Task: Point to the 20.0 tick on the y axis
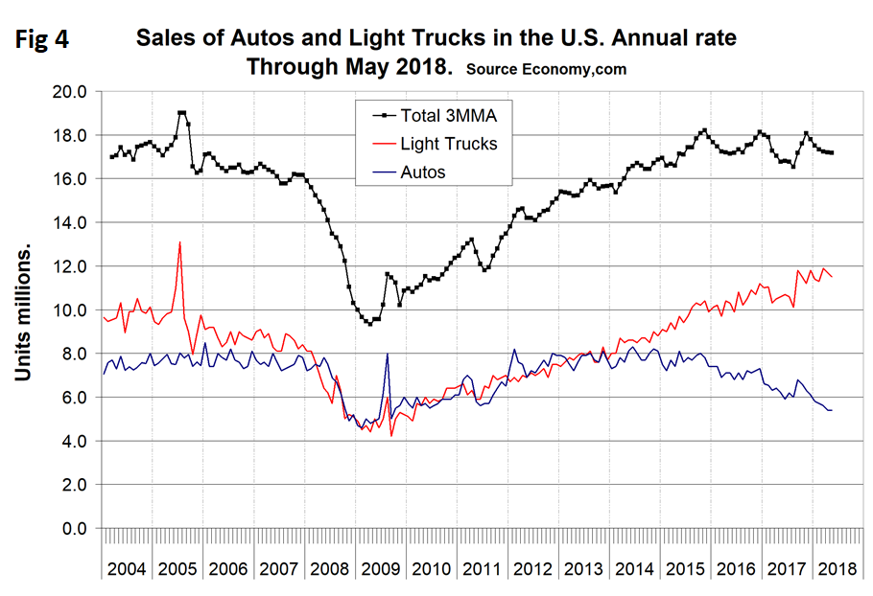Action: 69,92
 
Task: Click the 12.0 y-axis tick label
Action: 69,266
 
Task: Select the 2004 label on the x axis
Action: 126,568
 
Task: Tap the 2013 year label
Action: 584,568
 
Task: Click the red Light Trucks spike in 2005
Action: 179,242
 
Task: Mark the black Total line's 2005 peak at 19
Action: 181,113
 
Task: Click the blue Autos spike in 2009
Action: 387,355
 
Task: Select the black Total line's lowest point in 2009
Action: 369,324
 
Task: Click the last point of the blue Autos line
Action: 831,410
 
